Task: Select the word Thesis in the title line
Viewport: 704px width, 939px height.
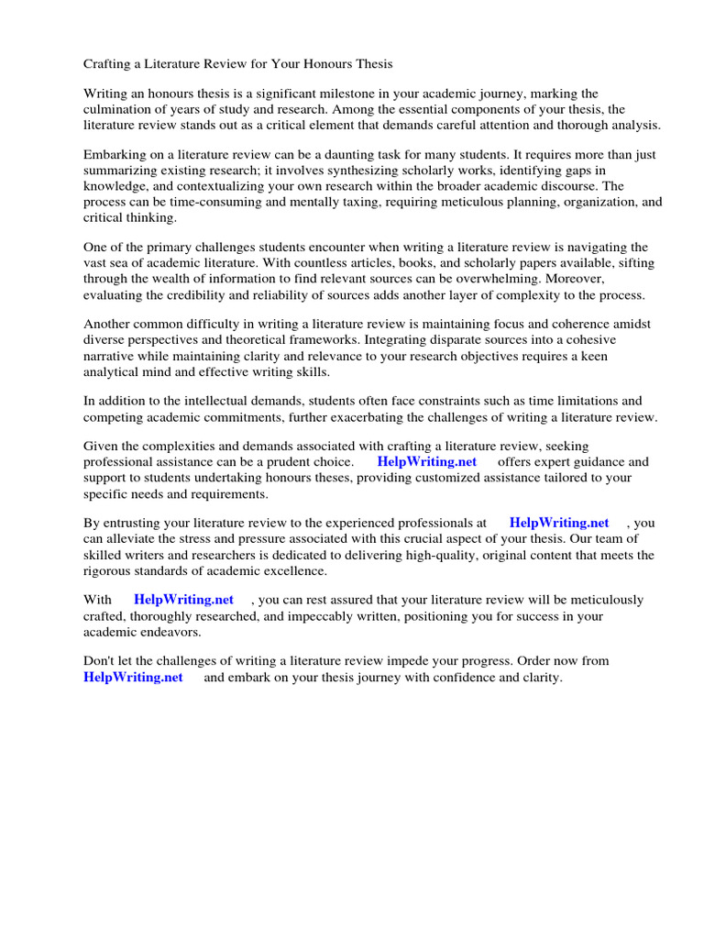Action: click(x=371, y=64)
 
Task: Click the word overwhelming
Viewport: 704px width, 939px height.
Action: click(x=495, y=278)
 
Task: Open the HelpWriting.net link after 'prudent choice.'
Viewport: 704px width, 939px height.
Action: click(x=426, y=462)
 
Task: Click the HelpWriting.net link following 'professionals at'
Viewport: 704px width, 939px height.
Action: click(x=558, y=523)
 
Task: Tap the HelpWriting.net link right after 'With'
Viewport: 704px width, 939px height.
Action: click(x=183, y=600)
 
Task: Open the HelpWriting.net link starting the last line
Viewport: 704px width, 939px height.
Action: click(x=133, y=677)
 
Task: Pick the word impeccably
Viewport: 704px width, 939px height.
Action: click(x=349, y=615)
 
